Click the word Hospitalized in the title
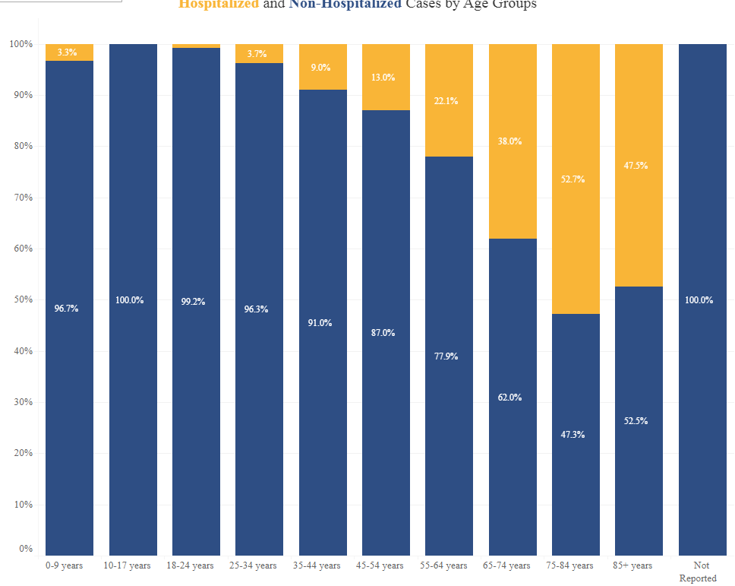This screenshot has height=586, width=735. click(x=219, y=5)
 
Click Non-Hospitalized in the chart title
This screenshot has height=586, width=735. click(x=345, y=5)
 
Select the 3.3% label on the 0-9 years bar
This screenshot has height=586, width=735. click(x=67, y=52)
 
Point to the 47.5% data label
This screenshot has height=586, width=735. click(x=636, y=166)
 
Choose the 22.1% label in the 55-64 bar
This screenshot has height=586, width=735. click(x=446, y=101)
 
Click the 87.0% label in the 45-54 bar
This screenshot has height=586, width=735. click(x=383, y=333)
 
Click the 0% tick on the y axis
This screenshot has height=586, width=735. click(x=26, y=549)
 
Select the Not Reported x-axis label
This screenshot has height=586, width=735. click(x=700, y=572)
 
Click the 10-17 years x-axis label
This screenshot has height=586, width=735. click(x=128, y=565)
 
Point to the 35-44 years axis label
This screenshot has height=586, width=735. click(x=317, y=565)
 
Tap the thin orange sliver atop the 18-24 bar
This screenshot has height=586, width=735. click(x=196, y=46)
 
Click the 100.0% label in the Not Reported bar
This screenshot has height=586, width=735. click(x=699, y=300)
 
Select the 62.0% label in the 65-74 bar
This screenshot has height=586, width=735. click(x=509, y=398)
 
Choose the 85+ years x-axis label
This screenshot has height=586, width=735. click(x=632, y=565)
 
